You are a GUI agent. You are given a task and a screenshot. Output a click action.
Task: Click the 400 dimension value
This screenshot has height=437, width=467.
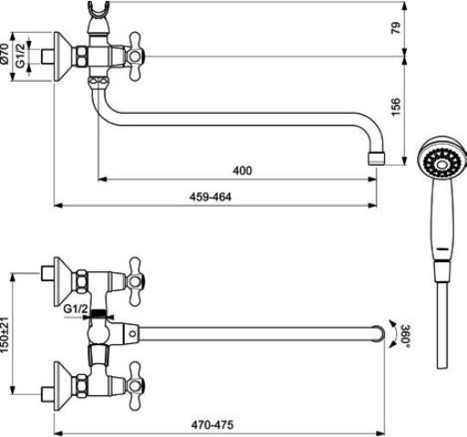tap(242, 170)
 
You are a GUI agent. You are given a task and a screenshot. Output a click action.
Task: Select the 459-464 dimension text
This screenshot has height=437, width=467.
tap(210, 198)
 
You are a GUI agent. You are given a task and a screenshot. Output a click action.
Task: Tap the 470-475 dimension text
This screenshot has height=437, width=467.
tap(212, 425)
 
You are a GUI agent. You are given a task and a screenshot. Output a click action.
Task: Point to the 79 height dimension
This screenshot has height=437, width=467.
tap(395, 28)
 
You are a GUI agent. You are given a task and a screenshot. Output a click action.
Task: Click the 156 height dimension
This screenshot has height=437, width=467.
tap(395, 107)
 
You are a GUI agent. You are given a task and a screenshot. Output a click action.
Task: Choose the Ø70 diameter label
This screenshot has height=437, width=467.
tap(5, 54)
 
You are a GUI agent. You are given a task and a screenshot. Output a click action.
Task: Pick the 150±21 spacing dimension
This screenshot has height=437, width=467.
tap(5, 335)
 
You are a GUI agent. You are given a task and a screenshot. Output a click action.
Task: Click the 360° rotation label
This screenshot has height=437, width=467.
tap(406, 334)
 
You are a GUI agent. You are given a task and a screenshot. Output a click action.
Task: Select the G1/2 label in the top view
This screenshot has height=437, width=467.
tap(21, 56)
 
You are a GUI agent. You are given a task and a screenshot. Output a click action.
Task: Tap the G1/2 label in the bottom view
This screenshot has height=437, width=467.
tap(76, 310)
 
